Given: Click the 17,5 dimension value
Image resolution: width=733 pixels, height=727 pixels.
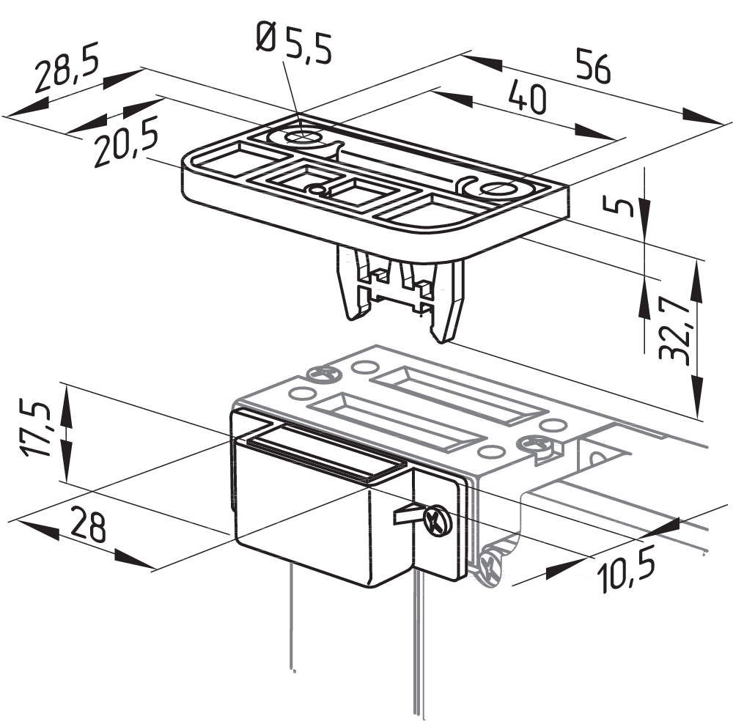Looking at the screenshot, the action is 34,427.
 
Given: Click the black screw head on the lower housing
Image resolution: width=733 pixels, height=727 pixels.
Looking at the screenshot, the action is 437,520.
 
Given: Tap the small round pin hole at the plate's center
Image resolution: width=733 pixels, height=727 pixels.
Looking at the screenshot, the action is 317,189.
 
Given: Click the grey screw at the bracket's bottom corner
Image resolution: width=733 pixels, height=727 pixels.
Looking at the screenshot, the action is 487,567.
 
